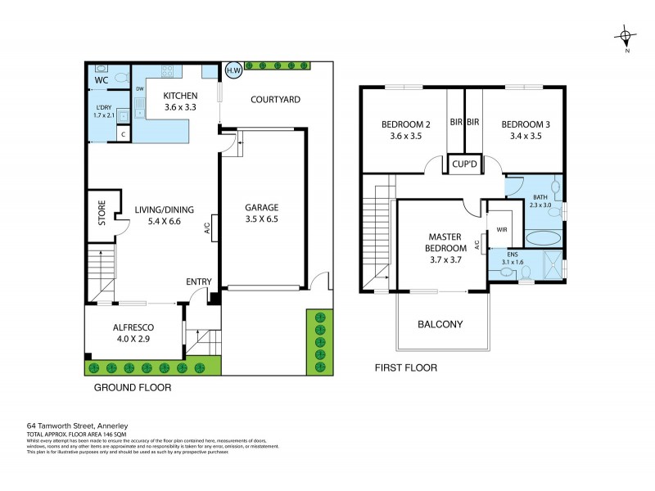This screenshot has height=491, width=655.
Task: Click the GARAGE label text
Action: (x=262, y=207)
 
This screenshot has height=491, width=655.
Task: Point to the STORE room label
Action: (x=102, y=214)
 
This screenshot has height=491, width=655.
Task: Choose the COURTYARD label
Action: (x=275, y=100)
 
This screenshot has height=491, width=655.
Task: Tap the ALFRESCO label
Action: (x=133, y=327)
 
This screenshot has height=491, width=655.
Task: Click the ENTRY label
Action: (x=199, y=282)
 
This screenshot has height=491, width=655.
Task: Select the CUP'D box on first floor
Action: (x=463, y=164)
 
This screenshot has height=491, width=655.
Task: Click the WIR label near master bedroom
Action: (x=498, y=219)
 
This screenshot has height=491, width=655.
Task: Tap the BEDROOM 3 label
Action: (x=526, y=124)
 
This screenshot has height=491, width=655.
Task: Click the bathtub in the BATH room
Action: (x=542, y=238)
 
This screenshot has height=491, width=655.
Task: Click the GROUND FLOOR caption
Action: (x=132, y=387)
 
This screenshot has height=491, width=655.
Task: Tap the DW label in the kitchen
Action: (x=140, y=88)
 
